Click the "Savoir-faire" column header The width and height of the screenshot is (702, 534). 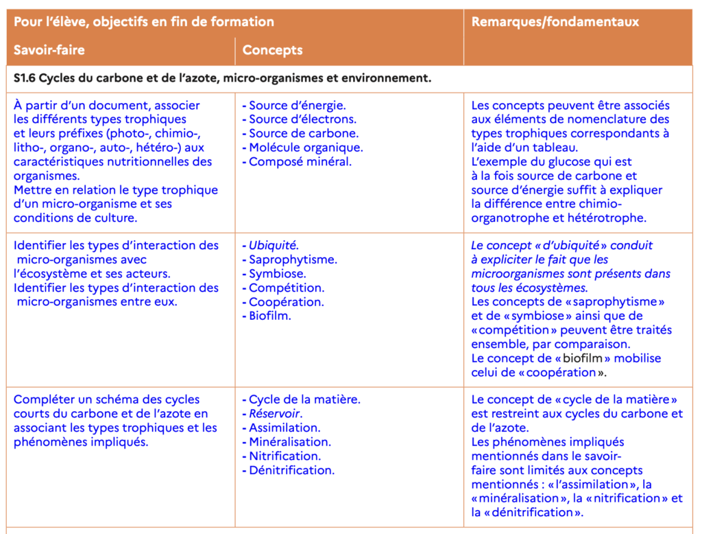click(49, 50)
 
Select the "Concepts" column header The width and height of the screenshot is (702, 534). click(272, 50)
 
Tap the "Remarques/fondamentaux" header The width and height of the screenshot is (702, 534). click(555, 21)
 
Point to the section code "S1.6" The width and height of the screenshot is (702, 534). click(25, 78)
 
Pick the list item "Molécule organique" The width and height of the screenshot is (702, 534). click(306, 148)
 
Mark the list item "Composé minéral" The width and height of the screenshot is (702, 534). click(300, 162)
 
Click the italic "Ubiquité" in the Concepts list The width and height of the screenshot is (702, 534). click(274, 246)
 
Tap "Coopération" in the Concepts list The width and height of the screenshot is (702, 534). click(286, 302)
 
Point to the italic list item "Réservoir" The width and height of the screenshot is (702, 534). click(275, 414)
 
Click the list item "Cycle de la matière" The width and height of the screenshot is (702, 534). click(304, 399)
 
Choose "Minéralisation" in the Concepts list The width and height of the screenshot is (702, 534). click(289, 442)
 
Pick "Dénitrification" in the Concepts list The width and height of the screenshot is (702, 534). click(291, 470)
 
